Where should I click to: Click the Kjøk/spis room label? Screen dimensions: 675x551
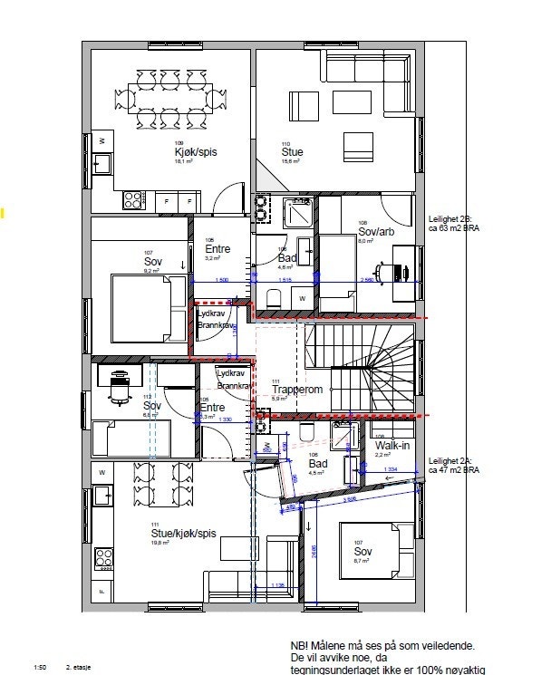[192, 152]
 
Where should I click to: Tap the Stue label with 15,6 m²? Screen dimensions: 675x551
[292, 152]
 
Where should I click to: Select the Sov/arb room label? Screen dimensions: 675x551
[372, 232]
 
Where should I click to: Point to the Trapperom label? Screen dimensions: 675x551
[297, 390]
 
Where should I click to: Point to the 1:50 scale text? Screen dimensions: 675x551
[39, 668]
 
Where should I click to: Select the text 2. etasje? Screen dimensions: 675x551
[79, 668]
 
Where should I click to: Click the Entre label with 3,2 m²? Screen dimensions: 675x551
[217, 249]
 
